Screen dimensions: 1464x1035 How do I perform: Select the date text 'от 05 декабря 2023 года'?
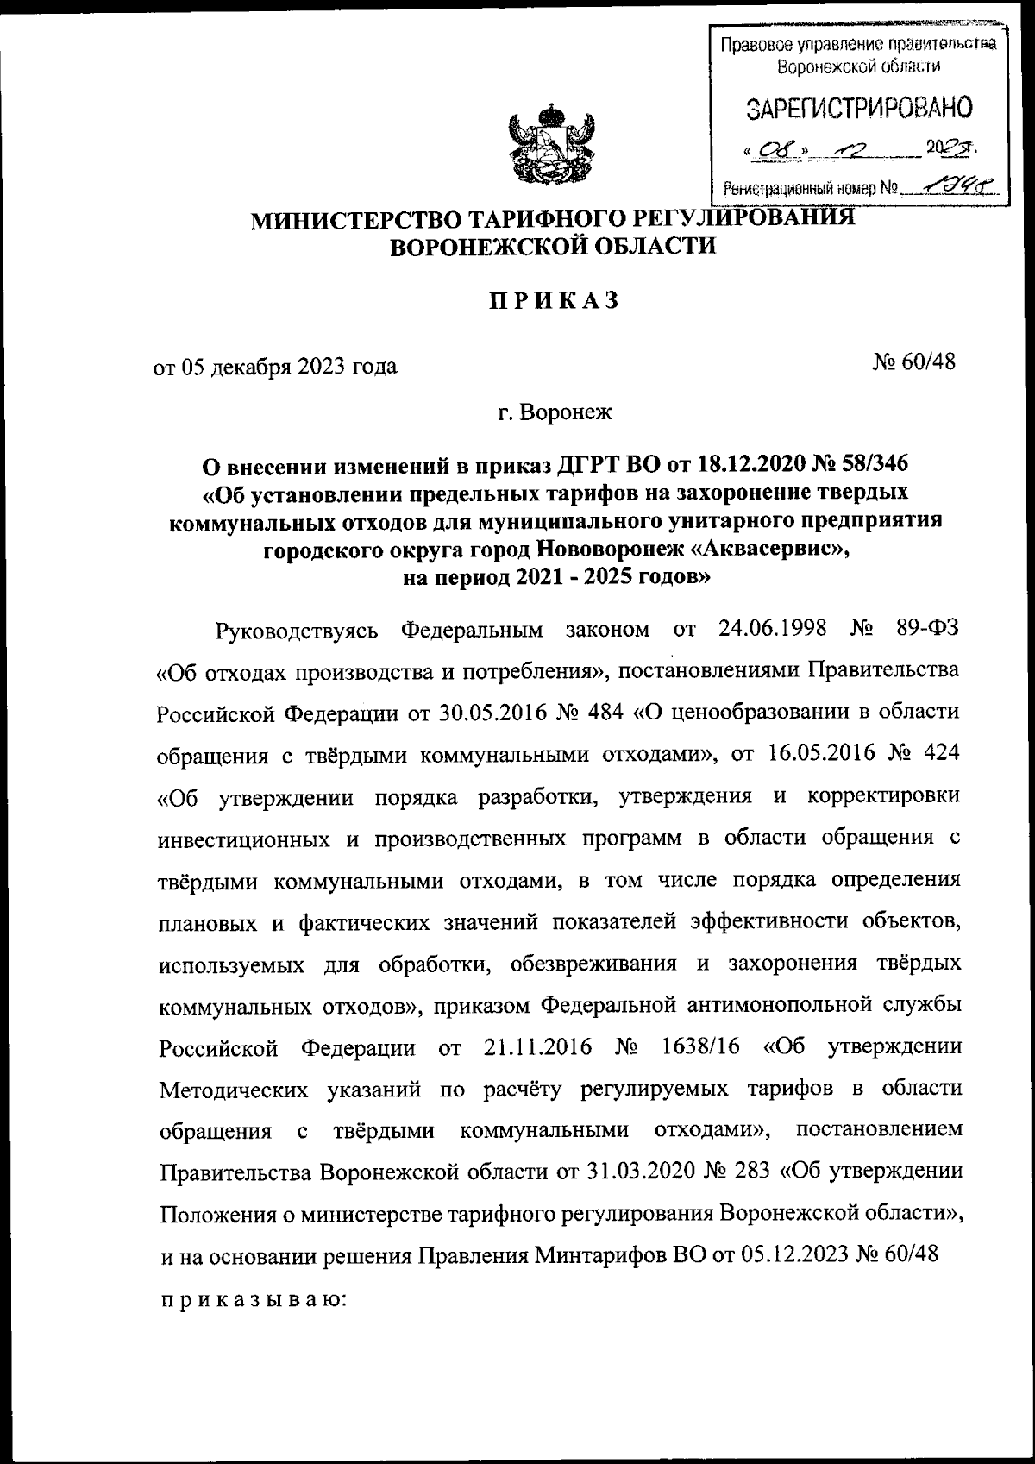[x=275, y=367]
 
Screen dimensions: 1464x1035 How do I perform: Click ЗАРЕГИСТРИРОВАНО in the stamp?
[x=859, y=109]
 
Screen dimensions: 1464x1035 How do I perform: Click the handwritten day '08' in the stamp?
[x=768, y=152]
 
